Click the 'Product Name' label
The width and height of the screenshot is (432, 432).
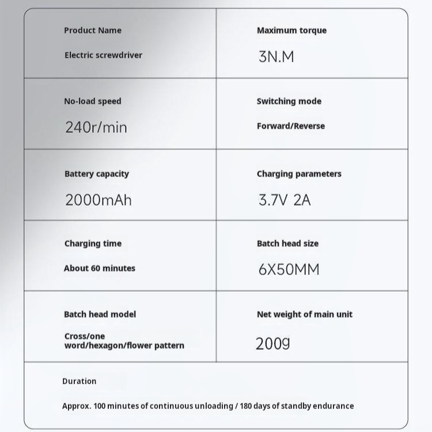[x=93, y=31]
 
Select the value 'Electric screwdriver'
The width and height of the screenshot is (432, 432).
[x=103, y=55]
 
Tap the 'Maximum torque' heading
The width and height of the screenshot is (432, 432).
[x=291, y=31]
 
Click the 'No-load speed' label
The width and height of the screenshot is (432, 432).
[x=93, y=101]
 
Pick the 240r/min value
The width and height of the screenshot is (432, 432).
[x=96, y=127]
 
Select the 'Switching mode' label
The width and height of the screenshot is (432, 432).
[x=289, y=101]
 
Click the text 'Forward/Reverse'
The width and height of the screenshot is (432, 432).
[x=291, y=126]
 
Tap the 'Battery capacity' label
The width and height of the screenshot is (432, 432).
[x=97, y=174]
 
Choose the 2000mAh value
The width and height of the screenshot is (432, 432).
[x=98, y=200]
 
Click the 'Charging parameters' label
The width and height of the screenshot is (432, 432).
[x=299, y=174]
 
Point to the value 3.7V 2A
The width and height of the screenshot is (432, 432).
[x=285, y=200]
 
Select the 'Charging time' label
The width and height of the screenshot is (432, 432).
[x=93, y=244]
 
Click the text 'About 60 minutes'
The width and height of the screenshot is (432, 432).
[x=100, y=268]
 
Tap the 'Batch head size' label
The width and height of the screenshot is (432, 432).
[x=287, y=244]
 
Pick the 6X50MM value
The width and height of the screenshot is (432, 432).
[x=289, y=270]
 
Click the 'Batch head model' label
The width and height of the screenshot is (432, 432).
[x=100, y=314]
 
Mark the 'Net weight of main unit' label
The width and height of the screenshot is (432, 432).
[x=305, y=314]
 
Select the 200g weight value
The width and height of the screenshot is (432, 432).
[x=272, y=344]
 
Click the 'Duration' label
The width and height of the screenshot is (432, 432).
[x=79, y=381]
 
